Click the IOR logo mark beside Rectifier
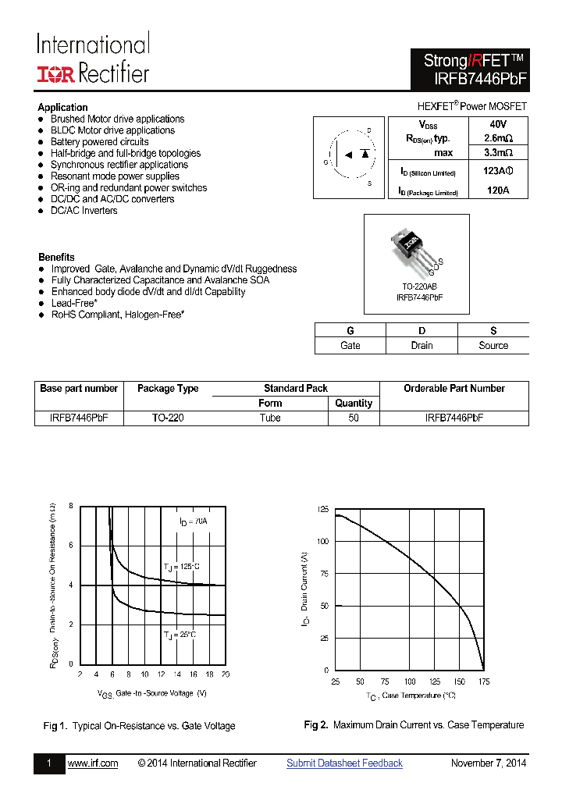(x=56, y=74)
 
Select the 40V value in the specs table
(x=498, y=125)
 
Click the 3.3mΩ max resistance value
(x=497, y=153)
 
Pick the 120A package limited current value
(x=497, y=190)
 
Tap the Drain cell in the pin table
(x=421, y=345)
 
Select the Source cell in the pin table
(x=493, y=345)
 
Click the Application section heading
(x=62, y=108)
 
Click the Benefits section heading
(x=56, y=257)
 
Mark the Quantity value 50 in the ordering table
(x=354, y=418)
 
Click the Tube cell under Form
(x=270, y=418)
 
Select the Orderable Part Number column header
(x=454, y=388)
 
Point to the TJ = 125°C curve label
(x=181, y=566)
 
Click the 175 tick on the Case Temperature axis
(x=483, y=681)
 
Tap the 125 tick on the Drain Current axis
(x=322, y=509)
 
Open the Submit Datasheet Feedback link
(x=344, y=763)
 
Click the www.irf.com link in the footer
(x=93, y=763)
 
